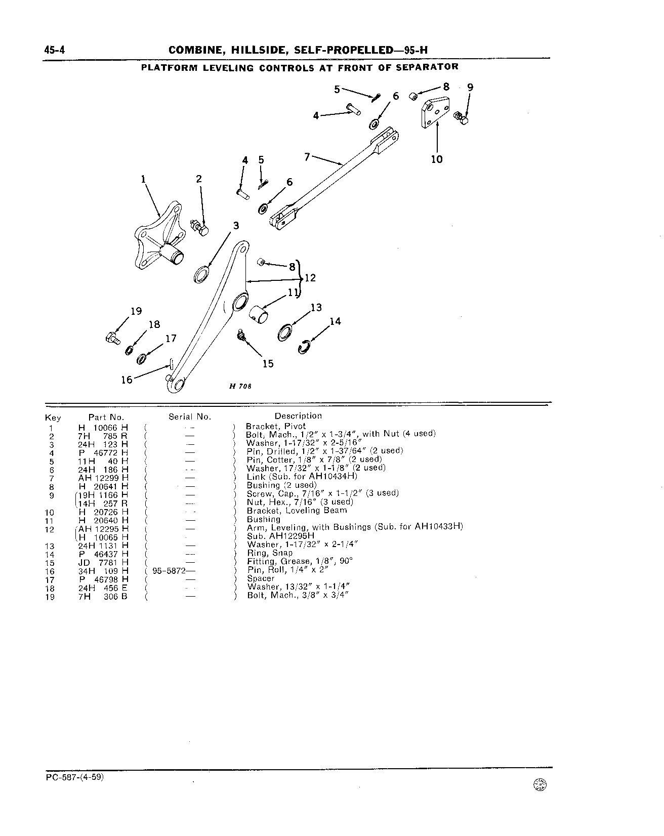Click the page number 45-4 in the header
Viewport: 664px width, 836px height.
pyautogui.click(x=57, y=50)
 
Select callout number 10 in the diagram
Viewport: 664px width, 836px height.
pyautogui.click(x=437, y=159)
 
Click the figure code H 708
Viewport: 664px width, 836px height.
pyautogui.click(x=240, y=386)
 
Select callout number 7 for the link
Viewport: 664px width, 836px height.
pyautogui.click(x=307, y=157)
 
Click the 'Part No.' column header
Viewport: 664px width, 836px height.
pyautogui.click(x=106, y=417)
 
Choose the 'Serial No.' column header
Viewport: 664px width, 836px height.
pyautogui.click(x=190, y=417)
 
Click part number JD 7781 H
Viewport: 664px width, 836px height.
pyautogui.click(x=103, y=562)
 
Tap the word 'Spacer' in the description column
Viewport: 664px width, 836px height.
pyautogui.click(x=261, y=578)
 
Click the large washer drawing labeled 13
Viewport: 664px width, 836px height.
pyautogui.click(x=285, y=332)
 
